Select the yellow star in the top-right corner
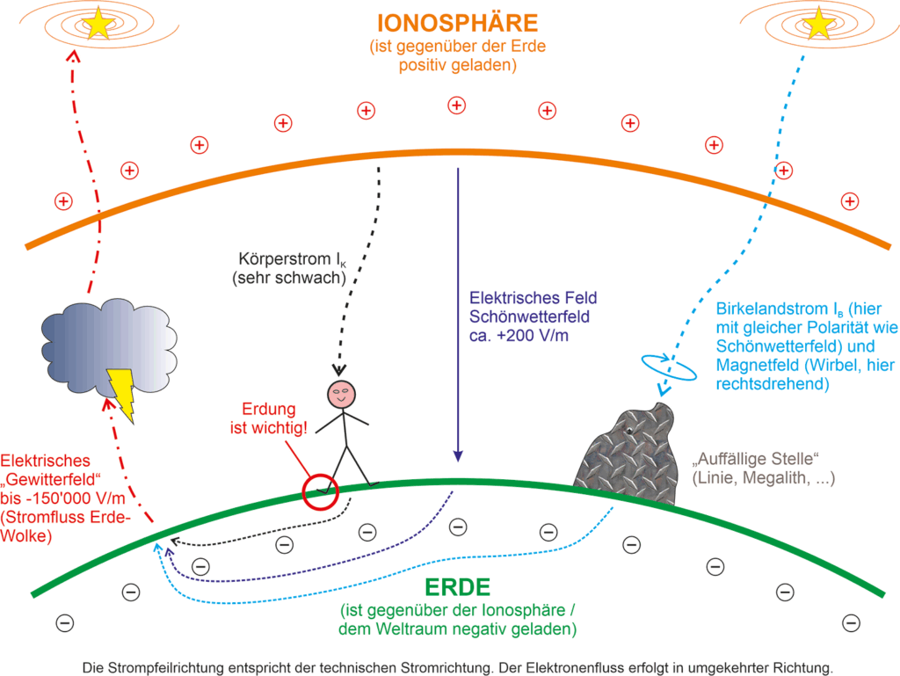818,22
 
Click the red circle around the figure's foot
319,491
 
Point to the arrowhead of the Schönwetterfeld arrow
457,455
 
